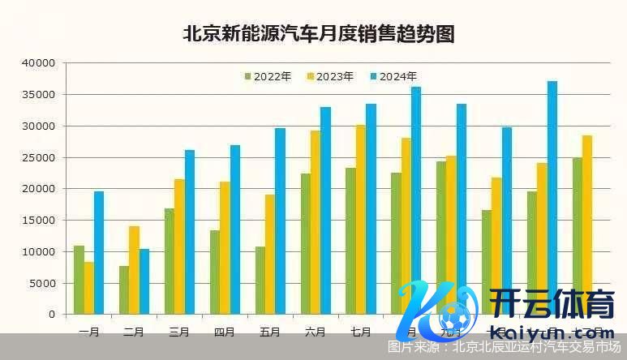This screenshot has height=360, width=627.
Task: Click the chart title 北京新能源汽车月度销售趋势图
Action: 318,34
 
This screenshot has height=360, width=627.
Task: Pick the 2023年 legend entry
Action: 329,77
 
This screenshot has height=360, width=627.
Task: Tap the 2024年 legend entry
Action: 393,77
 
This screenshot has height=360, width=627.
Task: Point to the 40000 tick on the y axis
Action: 40,63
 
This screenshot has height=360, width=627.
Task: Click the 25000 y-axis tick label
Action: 40,157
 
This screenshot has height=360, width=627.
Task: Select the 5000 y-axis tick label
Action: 43,283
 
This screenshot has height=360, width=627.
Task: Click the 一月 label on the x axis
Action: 89,332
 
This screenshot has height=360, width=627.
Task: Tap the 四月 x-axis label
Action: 225,332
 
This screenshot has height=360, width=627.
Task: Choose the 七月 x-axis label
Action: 361,332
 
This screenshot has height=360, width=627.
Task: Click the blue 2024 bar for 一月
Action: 99,253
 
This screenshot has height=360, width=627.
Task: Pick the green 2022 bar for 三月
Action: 170,261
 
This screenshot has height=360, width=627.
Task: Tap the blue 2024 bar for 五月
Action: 280,221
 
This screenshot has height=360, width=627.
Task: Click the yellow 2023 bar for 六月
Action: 315,222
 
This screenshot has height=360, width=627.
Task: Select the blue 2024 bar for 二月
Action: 144,281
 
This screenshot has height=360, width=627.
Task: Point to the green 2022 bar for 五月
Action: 260,281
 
